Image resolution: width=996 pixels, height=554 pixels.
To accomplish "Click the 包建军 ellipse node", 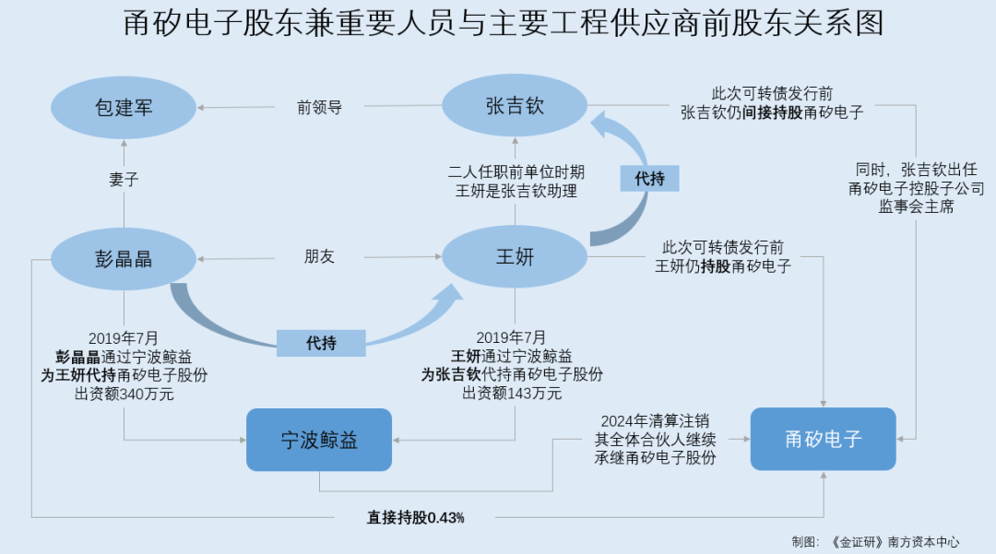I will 124,108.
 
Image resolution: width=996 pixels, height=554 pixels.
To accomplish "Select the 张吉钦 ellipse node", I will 515,106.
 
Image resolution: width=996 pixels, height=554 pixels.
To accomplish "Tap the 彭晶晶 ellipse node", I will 124,259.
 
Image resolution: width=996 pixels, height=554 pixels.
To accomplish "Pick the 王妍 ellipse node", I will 515,257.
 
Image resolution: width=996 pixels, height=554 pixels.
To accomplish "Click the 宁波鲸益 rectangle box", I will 319,440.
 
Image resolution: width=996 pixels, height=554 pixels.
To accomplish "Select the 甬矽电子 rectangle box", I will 823,439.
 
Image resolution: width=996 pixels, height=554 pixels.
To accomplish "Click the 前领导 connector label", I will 319,107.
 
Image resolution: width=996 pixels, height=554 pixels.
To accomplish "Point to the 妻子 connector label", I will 124,180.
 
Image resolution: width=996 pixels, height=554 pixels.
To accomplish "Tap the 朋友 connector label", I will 319,257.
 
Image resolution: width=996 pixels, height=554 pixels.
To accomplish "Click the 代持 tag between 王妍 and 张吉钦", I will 649,178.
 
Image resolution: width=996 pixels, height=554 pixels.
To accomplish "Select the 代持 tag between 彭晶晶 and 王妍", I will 321,343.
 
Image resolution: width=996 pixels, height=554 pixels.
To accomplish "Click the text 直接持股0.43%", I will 415,518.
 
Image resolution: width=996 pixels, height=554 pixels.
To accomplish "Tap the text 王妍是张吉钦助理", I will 516,191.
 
